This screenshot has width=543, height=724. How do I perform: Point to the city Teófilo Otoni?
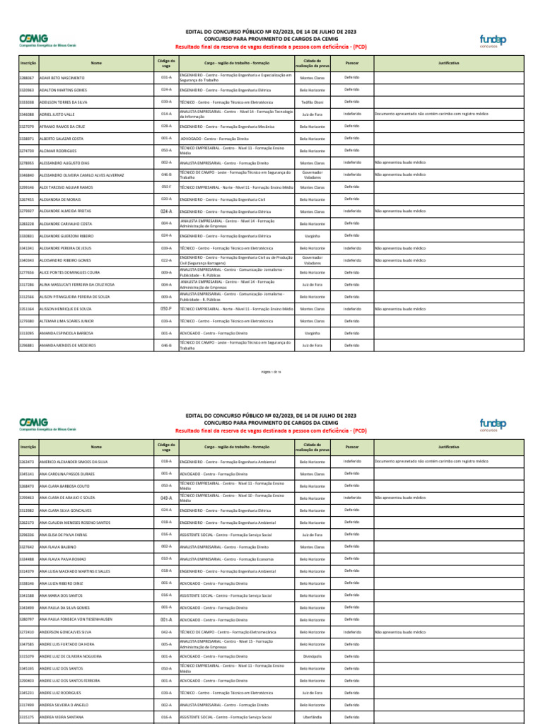click(x=313, y=102)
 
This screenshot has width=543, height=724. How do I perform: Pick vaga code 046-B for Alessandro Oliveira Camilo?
click(x=166, y=174)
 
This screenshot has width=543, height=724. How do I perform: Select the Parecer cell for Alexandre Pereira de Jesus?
click(x=351, y=248)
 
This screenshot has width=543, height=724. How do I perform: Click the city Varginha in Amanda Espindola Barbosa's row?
click(x=313, y=333)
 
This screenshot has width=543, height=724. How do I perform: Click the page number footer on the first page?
click(x=271, y=371)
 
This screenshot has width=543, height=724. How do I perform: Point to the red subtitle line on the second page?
click(x=271, y=430)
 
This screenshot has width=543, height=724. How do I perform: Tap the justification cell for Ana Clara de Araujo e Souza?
click(x=458, y=498)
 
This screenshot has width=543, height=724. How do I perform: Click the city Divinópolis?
click(x=313, y=656)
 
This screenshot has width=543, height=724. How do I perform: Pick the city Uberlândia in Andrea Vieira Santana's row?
click(x=313, y=717)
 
